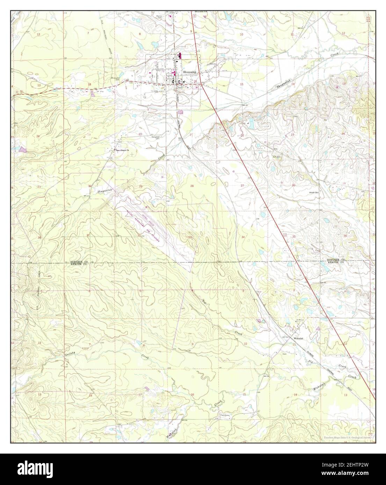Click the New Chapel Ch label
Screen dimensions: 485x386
click(x=123, y=151)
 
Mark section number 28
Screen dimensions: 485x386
click(x=191, y=186)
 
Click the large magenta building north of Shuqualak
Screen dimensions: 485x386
click(x=180, y=55)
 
